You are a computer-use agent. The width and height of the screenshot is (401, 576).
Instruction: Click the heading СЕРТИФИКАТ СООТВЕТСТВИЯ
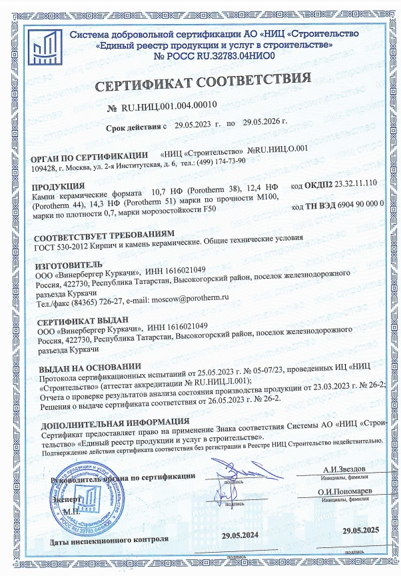pos(204,84)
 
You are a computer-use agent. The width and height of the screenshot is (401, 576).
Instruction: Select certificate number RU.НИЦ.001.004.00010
pos(169,107)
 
